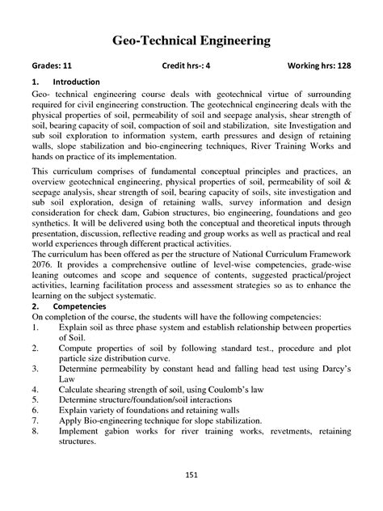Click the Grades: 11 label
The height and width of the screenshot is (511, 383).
click(52, 66)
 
